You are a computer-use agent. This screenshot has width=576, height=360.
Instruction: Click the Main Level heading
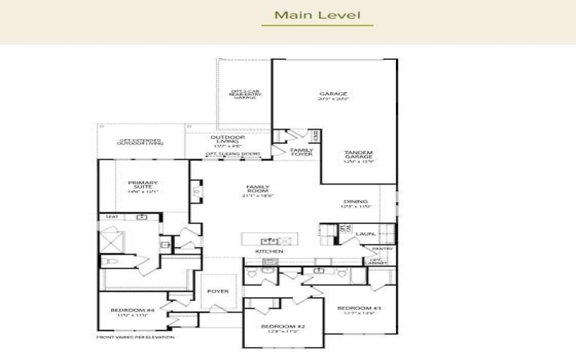pos(317,14)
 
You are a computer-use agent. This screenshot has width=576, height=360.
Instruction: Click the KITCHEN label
pos(269,251)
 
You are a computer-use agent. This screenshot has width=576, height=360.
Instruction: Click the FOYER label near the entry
pos(218,292)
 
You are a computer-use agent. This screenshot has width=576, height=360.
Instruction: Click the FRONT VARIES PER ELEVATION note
pos(135,337)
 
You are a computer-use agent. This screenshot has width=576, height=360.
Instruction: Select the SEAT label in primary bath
pos(112,216)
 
